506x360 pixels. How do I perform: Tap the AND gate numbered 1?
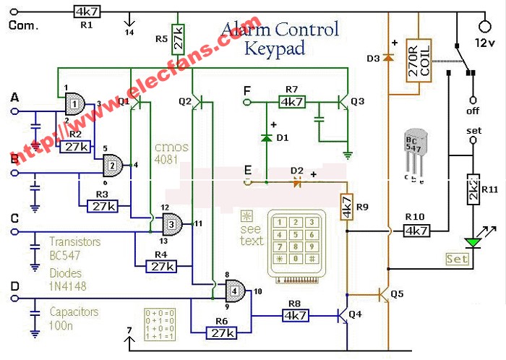coord(74,106)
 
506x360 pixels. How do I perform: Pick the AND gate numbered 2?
coord(112,165)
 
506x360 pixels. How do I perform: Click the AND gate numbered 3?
coord(174,222)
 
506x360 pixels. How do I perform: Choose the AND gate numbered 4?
coord(233,291)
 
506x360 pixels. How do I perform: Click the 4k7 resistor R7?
coord(292,102)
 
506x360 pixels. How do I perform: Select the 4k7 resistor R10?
coord(416,231)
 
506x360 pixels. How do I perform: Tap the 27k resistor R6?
coord(220,332)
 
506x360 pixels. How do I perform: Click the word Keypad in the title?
coord(275,48)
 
